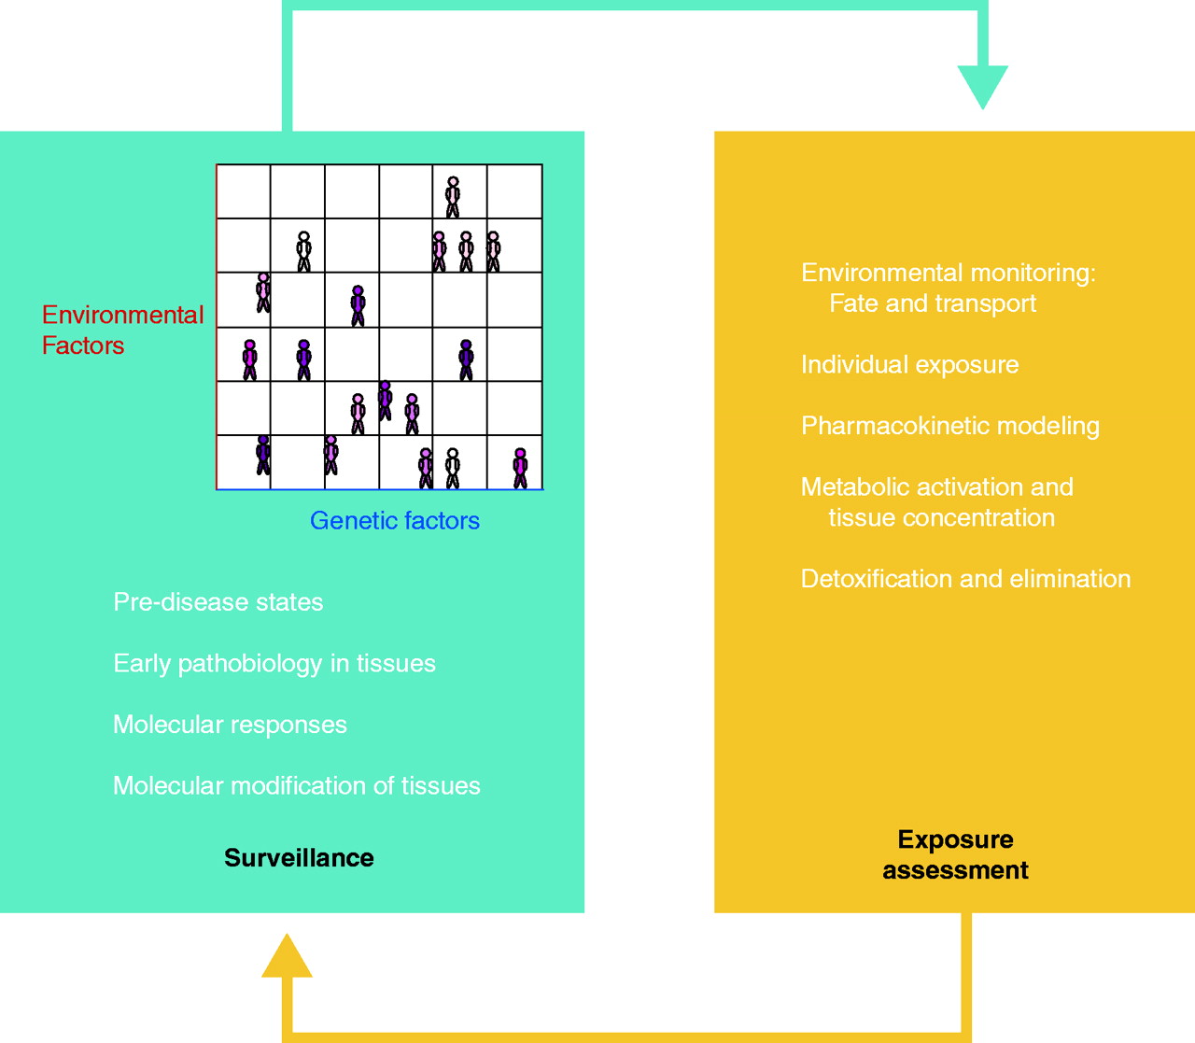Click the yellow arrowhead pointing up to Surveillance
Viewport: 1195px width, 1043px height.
click(x=287, y=957)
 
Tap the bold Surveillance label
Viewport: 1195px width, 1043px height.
click(x=299, y=857)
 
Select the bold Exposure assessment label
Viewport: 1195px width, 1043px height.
click(x=955, y=854)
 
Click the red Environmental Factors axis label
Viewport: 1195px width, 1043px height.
click(x=122, y=330)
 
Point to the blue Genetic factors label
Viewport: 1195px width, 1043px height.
click(x=394, y=520)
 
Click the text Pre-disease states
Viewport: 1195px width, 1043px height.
click(x=218, y=601)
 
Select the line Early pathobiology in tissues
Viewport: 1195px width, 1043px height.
click(x=274, y=663)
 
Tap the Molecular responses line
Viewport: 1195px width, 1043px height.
click(x=230, y=725)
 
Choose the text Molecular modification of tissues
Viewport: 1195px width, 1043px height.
click(x=296, y=785)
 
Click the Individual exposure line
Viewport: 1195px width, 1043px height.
click(x=909, y=364)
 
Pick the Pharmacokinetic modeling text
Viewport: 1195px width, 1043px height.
click(x=949, y=426)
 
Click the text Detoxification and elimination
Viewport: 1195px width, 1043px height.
click(x=965, y=579)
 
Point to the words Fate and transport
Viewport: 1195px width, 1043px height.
click(x=932, y=303)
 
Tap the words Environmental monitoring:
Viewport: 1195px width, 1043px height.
click(x=948, y=273)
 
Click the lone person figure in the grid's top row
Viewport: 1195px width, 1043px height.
click(x=453, y=196)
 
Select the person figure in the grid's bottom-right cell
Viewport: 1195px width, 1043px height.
click(x=520, y=468)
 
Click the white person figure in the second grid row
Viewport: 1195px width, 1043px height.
click(x=303, y=251)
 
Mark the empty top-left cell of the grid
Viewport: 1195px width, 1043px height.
click(x=244, y=191)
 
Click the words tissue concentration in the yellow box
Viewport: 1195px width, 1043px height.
click(x=941, y=517)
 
